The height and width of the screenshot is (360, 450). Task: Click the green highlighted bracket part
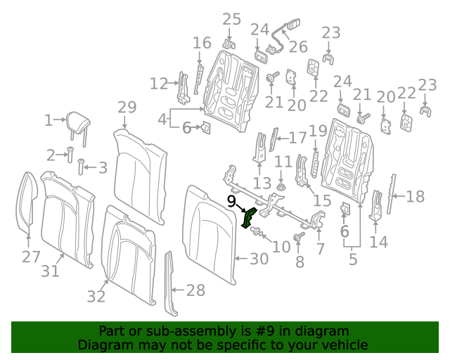coord(248,217)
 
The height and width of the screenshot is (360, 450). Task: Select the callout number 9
coord(231,201)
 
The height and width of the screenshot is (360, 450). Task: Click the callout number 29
coord(127,108)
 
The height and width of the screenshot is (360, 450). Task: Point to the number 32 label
coord(96,297)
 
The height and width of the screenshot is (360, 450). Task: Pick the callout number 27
coord(31,257)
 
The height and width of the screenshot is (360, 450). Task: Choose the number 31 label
coord(50,271)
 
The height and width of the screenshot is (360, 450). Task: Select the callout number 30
coord(259,259)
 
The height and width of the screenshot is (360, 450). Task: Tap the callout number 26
coord(298,47)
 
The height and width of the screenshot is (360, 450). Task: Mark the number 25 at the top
coord(231,18)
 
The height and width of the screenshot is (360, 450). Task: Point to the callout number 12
coord(159,84)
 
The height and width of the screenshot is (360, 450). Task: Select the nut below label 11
coord(281,188)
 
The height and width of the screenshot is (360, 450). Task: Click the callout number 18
coord(416,196)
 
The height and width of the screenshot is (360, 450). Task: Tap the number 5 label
coord(353,259)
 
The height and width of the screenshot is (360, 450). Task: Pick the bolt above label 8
coord(298,238)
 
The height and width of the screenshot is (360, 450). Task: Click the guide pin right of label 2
coord(70,154)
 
